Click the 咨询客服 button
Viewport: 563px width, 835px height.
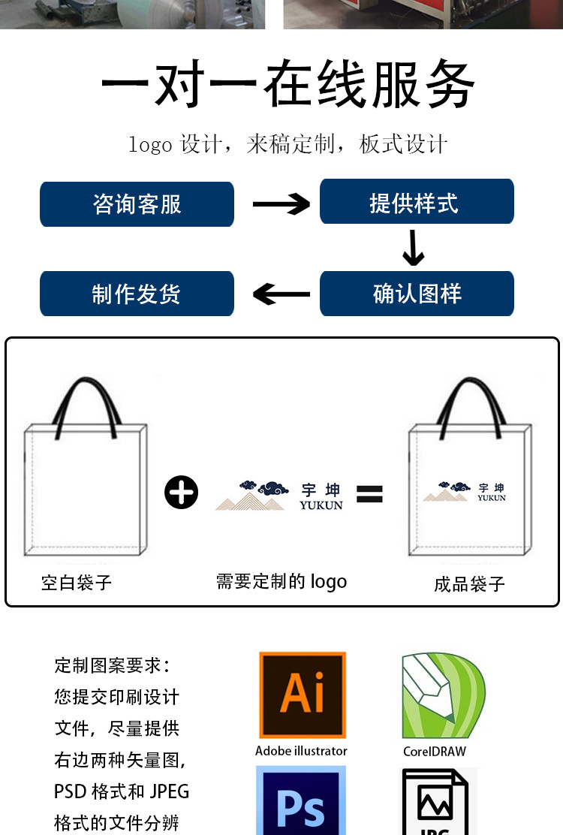pos(137,204)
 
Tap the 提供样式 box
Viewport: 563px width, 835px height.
pos(417,202)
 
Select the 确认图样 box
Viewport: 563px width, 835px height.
pos(417,294)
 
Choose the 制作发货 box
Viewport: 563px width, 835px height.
pos(137,294)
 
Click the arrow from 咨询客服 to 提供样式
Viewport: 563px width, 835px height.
pos(281,203)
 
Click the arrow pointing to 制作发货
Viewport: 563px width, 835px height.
pos(281,294)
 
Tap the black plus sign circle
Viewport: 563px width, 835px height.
pos(181,493)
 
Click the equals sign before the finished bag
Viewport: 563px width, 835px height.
pos(369,493)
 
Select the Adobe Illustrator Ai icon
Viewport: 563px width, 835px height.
pos(303,695)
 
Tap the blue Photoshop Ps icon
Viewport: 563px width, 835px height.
pos(301,802)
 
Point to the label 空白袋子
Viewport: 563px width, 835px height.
pos(77,582)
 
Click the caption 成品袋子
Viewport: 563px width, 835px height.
pos(469,584)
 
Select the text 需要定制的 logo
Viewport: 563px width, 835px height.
pos(281,581)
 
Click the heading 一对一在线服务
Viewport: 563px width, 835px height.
pos(288,85)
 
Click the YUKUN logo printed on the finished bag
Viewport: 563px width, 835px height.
pos(465,493)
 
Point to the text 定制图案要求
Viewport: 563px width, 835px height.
pos(112,665)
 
